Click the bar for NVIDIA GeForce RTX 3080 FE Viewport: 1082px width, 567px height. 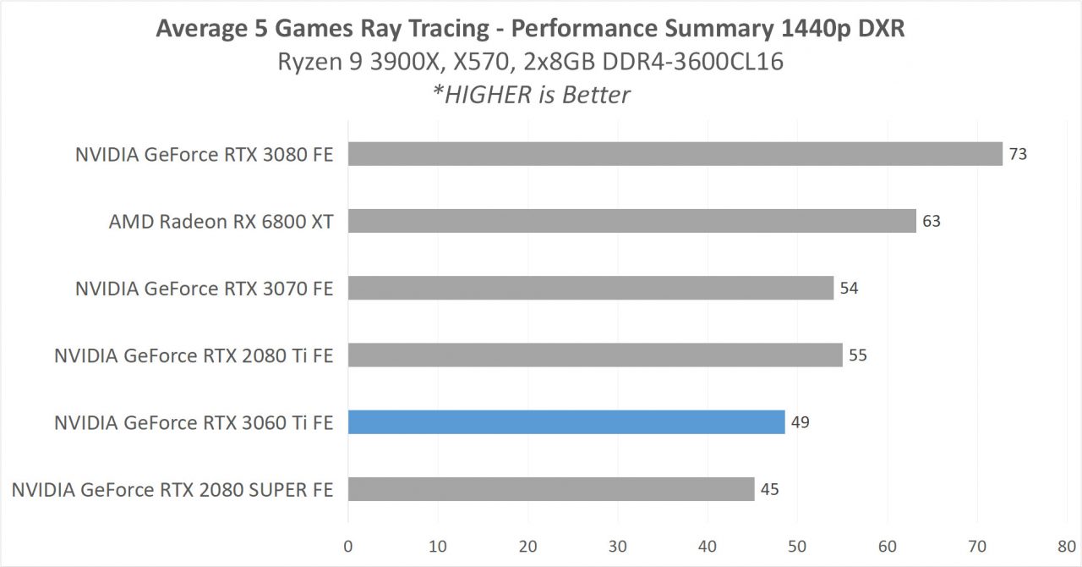(x=675, y=154)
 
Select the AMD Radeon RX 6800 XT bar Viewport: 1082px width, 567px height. (x=631, y=221)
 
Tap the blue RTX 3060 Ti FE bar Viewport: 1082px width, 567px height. (x=566, y=421)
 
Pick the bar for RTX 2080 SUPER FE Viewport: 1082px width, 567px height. (x=550, y=489)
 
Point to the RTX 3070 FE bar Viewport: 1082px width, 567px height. (x=591, y=288)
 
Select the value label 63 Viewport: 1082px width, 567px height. (x=932, y=222)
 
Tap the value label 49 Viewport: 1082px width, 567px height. (x=801, y=421)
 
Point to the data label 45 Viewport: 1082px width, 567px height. (x=769, y=489)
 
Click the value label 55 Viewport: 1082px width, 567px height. (x=858, y=355)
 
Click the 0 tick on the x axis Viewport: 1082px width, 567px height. (x=348, y=546)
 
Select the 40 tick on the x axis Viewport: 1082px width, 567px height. (x=708, y=546)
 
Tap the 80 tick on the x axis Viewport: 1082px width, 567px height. (x=1067, y=546)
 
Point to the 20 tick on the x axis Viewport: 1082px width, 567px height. (x=528, y=546)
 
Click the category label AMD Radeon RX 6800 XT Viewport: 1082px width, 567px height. (x=221, y=222)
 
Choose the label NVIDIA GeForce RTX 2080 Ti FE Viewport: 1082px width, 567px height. (x=194, y=355)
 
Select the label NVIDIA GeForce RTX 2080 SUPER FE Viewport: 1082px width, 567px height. (x=172, y=489)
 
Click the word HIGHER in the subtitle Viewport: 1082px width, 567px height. (x=493, y=94)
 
